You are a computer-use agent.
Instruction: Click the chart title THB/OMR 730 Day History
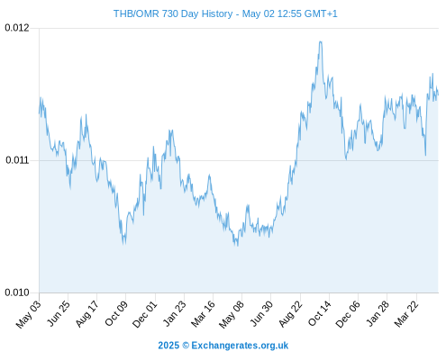(x=173, y=13)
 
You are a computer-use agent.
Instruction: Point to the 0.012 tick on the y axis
(x=17, y=28)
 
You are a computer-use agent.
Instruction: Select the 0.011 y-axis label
(x=17, y=160)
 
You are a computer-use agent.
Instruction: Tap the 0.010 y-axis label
(x=17, y=292)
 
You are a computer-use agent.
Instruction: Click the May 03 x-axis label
(x=29, y=314)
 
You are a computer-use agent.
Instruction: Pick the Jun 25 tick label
(x=59, y=313)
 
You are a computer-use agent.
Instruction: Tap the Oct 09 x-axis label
(x=116, y=313)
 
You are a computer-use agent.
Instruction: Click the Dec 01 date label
(x=145, y=314)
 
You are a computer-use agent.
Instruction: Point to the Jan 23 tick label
(x=175, y=313)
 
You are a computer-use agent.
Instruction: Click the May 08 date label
(x=232, y=314)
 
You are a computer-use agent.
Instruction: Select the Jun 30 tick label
(x=262, y=313)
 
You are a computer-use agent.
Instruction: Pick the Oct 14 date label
(x=320, y=313)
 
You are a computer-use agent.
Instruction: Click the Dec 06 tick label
(x=348, y=314)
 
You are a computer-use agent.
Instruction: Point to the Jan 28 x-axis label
(x=378, y=313)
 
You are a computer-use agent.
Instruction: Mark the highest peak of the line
(x=321, y=41)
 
